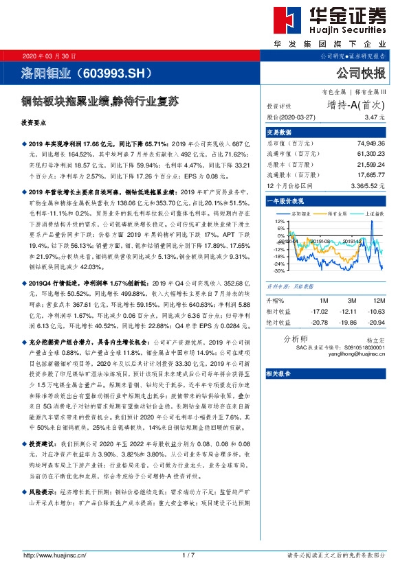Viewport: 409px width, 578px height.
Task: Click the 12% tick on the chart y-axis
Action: (279, 222)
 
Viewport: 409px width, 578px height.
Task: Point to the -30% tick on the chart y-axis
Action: (279, 271)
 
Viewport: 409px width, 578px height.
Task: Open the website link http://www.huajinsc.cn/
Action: (54, 555)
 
